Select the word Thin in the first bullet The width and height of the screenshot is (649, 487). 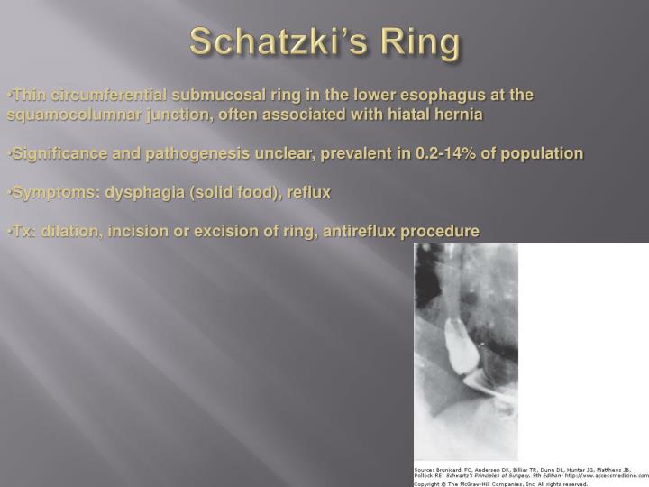coord(25,95)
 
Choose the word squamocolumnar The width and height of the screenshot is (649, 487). coord(71,115)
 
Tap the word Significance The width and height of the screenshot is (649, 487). coord(55,153)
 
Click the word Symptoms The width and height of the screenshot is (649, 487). coord(49,192)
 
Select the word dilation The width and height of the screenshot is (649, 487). coord(67,232)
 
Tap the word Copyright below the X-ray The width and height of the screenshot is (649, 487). coord(431,482)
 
